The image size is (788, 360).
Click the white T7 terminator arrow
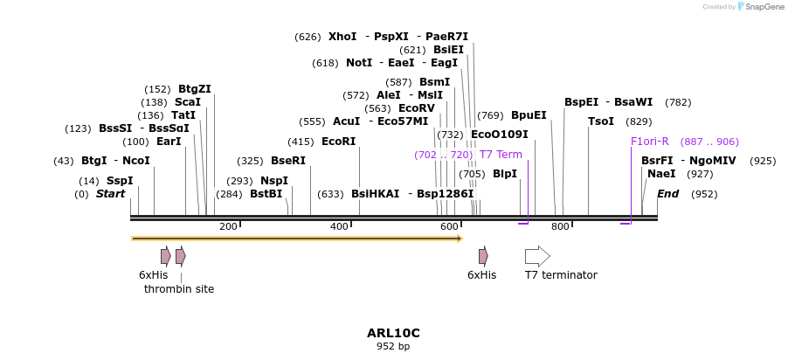coord(537,256)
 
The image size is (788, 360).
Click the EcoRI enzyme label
coord(339,142)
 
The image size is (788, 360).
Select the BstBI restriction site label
coord(266,194)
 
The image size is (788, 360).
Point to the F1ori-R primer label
coord(650,142)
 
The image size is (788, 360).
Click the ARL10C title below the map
coord(393,333)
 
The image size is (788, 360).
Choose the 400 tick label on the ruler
coord(339,227)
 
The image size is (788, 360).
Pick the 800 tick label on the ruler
coord(560,227)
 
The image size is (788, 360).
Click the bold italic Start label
coord(111,194)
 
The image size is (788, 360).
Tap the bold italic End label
coord(667,194)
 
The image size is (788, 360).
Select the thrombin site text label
coord(179,289)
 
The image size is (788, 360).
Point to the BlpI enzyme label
coord(505,174)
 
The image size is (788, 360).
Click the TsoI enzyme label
coord(601,121)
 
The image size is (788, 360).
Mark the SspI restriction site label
coord(120,181)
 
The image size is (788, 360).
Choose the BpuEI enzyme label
coord(529,115)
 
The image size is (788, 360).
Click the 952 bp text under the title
coord(393,347)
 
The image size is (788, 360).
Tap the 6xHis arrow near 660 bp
coord(483,256)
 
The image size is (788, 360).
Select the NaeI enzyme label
coord(661,174)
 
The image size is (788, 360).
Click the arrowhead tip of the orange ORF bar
coord(460,238)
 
